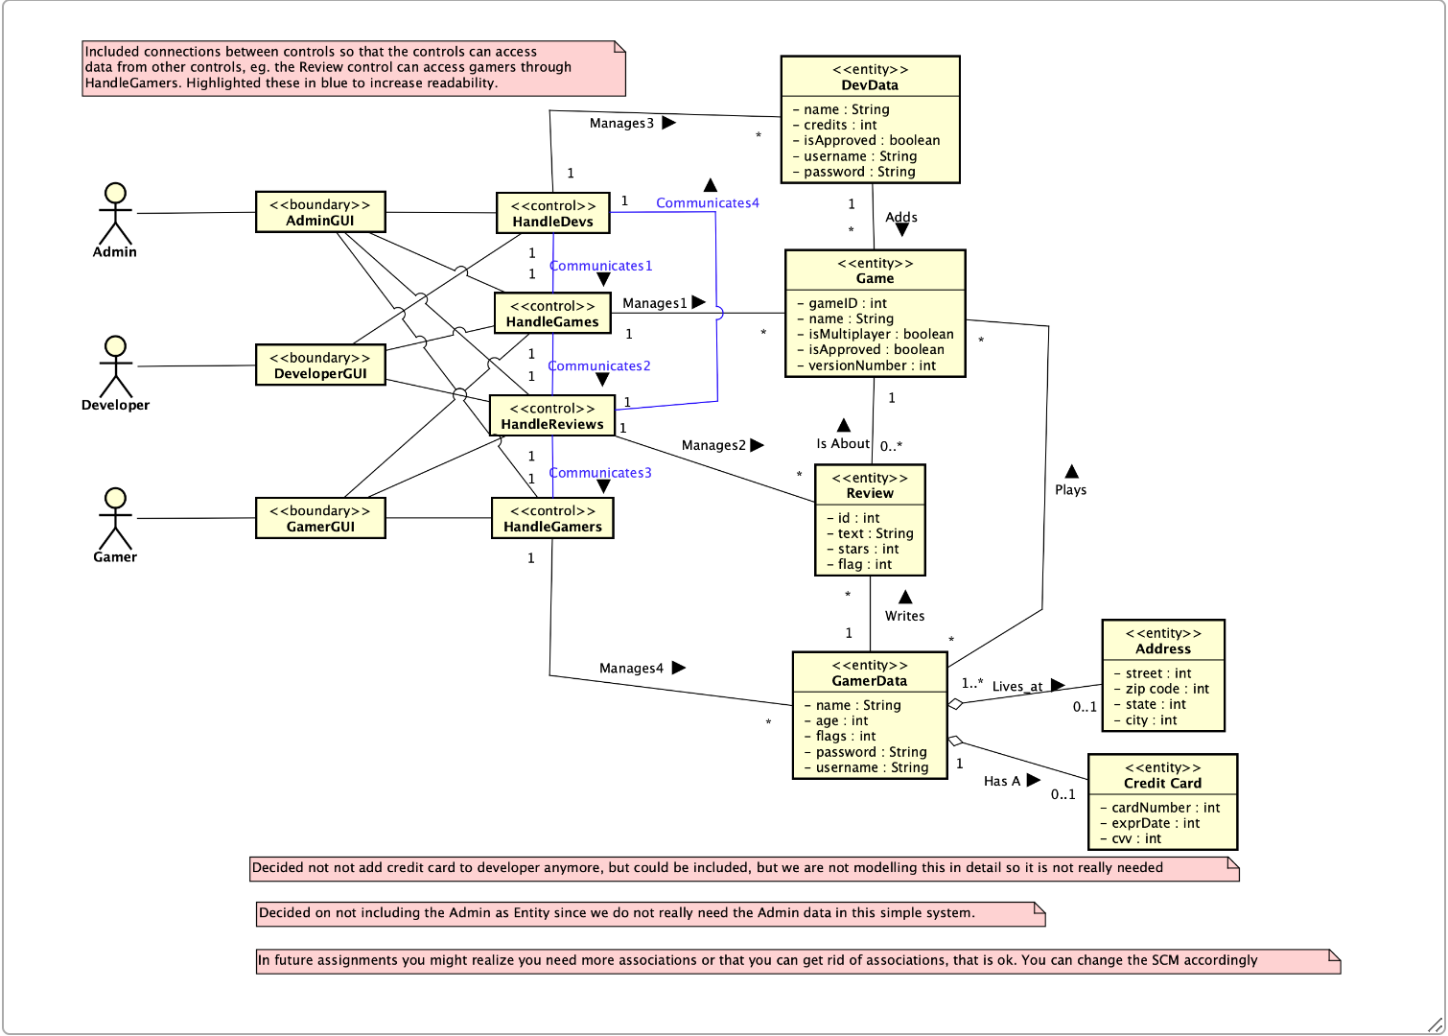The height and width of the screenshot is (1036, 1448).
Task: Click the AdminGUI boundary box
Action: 320,212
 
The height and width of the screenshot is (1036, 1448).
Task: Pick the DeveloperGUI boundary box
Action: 320,365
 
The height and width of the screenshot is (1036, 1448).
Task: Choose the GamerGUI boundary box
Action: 320,518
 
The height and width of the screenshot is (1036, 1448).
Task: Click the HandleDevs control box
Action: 552,213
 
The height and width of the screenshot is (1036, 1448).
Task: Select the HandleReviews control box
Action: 552,416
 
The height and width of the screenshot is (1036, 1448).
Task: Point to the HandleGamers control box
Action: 552,518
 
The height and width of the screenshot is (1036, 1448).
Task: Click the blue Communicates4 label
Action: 707,203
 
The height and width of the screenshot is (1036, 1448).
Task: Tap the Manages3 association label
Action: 621,124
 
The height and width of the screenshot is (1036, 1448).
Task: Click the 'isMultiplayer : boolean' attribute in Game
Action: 880,335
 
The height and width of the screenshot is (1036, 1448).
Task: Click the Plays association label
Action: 1070,490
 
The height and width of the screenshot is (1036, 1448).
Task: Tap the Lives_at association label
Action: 1016,687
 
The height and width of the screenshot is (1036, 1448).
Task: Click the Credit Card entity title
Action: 1162,784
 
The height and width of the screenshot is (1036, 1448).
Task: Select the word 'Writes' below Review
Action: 904,617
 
